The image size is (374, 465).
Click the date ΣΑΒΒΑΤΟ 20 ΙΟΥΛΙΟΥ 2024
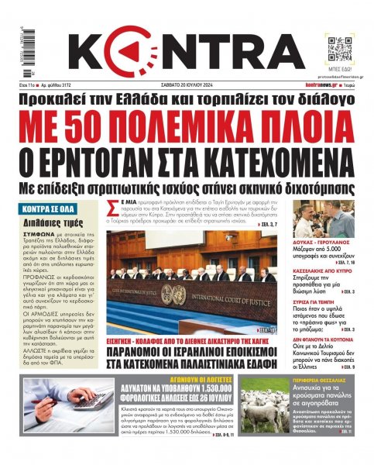click(x=187, y=84)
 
